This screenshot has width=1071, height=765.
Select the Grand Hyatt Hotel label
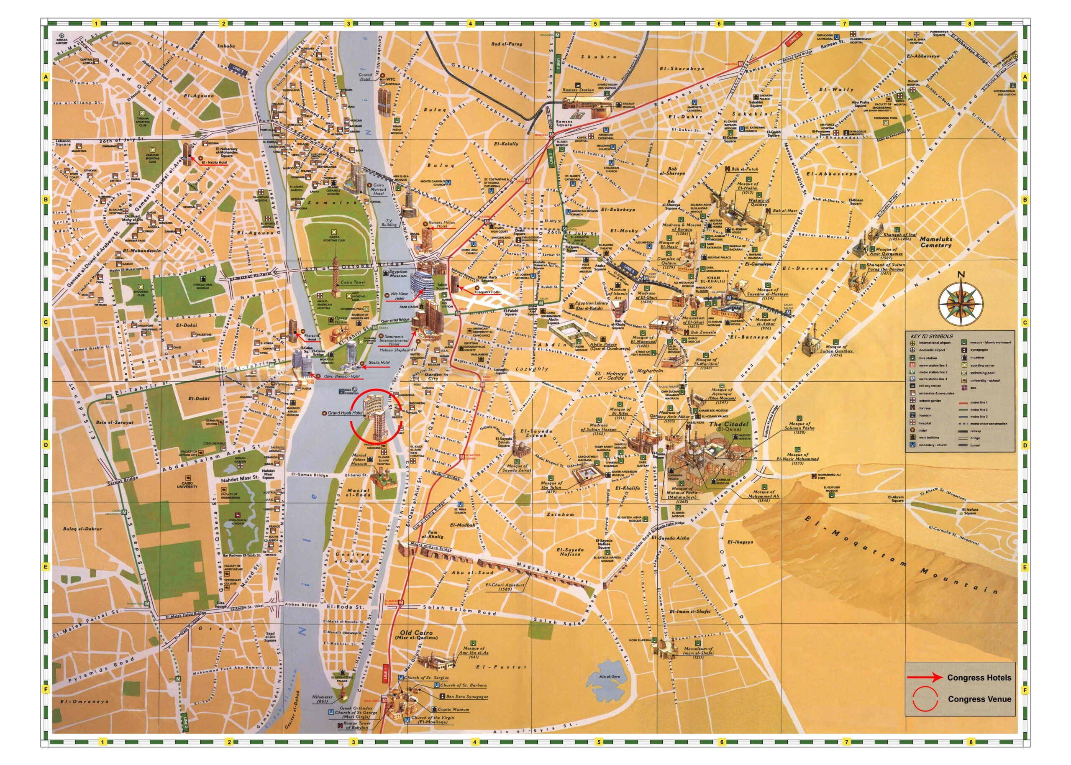[x=345, y=413]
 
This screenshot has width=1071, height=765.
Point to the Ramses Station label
[x=578, y=90]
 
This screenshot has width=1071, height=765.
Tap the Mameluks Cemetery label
[x=936, y=242]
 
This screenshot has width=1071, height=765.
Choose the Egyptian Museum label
[x=398, y=274]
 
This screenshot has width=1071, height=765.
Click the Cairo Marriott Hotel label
[x=378, y=189]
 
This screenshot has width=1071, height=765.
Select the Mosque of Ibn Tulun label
[x=551, y=486]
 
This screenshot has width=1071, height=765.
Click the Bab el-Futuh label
[x=744, y=169]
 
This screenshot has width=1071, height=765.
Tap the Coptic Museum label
[x=453, y=709]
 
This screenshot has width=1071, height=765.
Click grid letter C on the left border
[x=46, y=322]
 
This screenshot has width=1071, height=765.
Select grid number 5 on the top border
[x=595, y=23]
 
